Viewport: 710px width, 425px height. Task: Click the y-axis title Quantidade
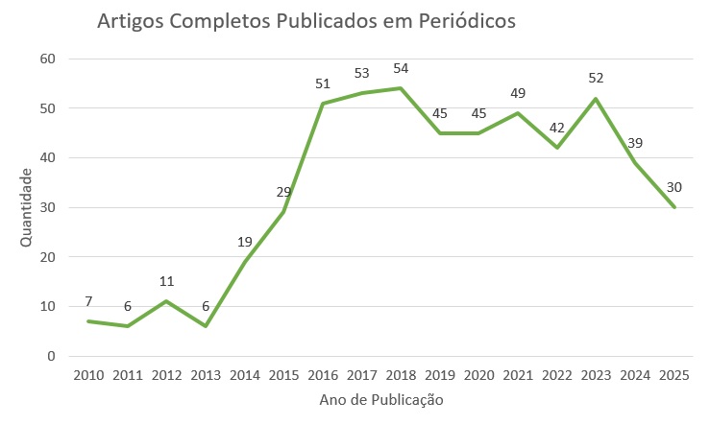point(26,206)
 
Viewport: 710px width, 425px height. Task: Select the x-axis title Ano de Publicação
point(380,399)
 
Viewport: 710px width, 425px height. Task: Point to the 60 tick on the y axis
point(49,59)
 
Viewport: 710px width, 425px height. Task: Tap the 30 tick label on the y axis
point(49,207)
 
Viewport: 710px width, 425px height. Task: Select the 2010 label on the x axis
point(87,375)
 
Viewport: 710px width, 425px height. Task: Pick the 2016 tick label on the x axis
point(323,375)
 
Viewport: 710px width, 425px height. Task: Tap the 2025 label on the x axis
point(673,375)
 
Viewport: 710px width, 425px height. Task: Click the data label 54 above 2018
point(401,69)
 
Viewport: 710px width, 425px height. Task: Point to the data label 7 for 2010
point(87,301)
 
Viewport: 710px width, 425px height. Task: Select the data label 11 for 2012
point(166,282)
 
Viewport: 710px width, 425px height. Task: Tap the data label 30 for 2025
point(674,188)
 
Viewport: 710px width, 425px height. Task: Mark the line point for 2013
point(206,326)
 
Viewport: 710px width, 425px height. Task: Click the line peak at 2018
point(401,88)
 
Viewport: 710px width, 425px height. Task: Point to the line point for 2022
point(557,148)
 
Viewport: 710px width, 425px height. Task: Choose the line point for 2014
point(244,262)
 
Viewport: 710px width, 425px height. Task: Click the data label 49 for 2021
point(518,94)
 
